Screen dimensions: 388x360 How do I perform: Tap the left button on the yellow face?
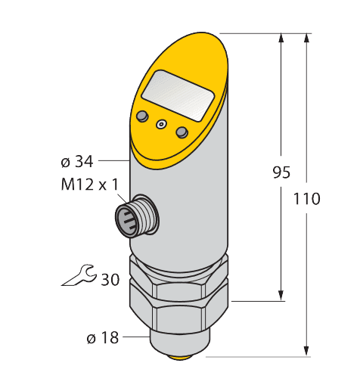pos(141,115)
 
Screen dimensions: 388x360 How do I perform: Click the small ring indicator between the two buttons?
pos(160,124)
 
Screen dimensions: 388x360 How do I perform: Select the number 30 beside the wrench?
pos(110,279)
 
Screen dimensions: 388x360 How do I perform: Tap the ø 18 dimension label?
pos(102,338)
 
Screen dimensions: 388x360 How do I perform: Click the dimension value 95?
pos(281,172)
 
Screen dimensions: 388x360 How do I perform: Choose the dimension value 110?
pos(306,199)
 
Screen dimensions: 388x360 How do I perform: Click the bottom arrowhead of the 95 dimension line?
pos(281,295)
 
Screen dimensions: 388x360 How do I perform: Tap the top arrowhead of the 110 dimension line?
pos(307,38)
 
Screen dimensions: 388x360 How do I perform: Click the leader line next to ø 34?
pos(113,160)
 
